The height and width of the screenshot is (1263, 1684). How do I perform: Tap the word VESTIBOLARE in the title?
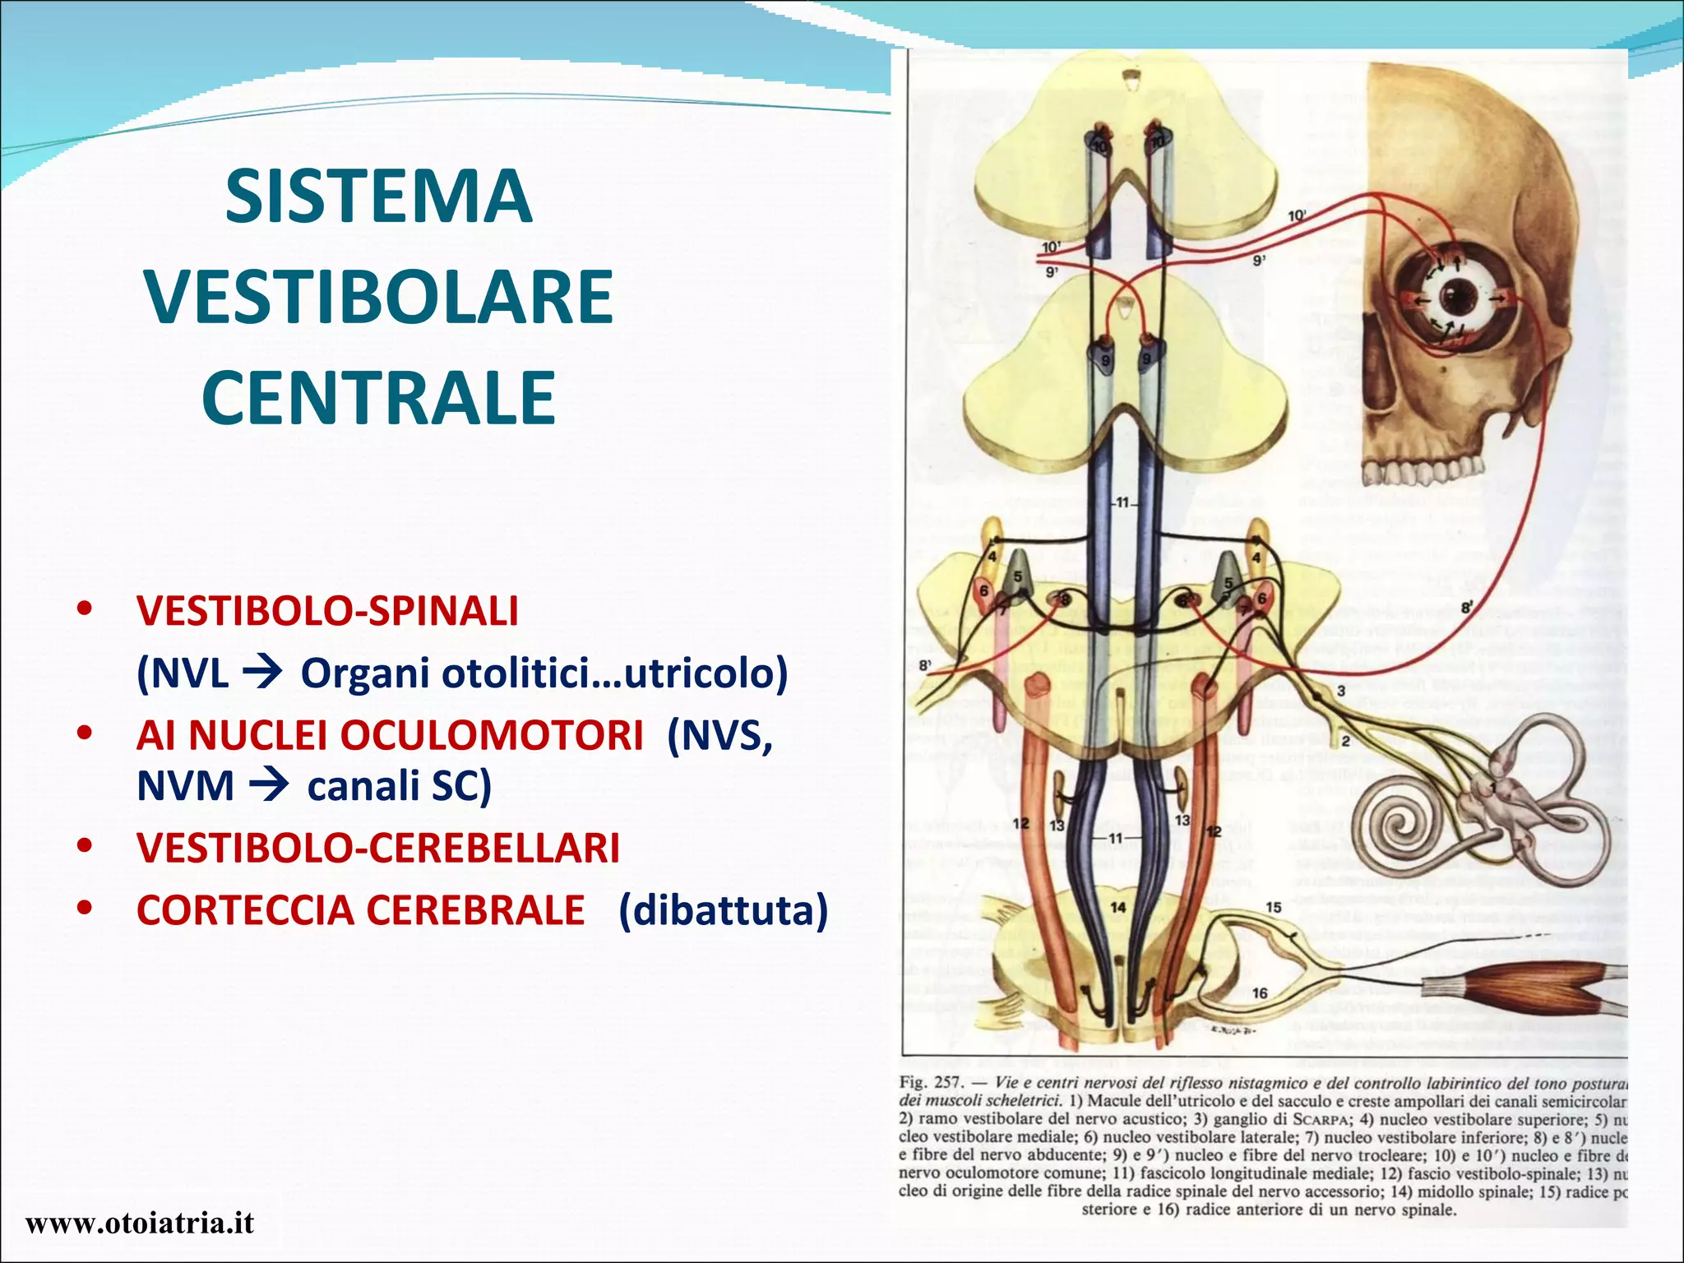[378, 297]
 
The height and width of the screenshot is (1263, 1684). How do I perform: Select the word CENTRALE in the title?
[378, 397]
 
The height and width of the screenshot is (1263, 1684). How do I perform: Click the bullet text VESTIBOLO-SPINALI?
[327, 611]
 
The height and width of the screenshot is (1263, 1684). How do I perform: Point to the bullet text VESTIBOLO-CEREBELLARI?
[378, 848]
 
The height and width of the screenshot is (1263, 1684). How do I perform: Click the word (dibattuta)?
[723, 910]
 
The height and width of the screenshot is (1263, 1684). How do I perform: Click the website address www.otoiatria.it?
[140, 1224]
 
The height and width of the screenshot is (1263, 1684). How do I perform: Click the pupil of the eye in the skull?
[1458, 292]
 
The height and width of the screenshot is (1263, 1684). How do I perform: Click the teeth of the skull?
[1423, 471]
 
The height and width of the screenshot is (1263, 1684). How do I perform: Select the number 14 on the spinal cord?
[1118, 907]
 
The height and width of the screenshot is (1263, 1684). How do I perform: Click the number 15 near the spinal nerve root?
[1273, 907]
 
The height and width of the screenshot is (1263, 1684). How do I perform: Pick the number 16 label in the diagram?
[1260, 993]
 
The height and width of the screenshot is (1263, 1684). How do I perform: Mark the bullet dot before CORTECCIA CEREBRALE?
[84, 909]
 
